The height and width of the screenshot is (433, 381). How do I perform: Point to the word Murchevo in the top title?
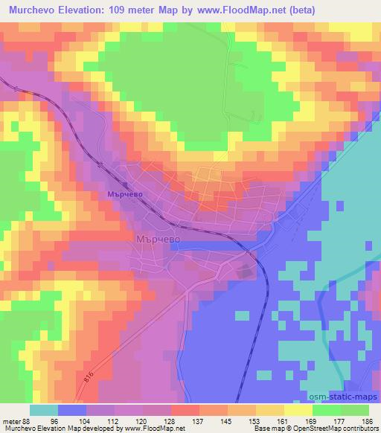pyautogui.click(x=28, y=10)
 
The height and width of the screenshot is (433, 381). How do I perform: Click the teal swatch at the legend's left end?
pyautogui.click(x=44, y=409)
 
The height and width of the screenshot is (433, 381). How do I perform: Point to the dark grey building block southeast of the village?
pyautogui.click(x=246, y=272)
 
